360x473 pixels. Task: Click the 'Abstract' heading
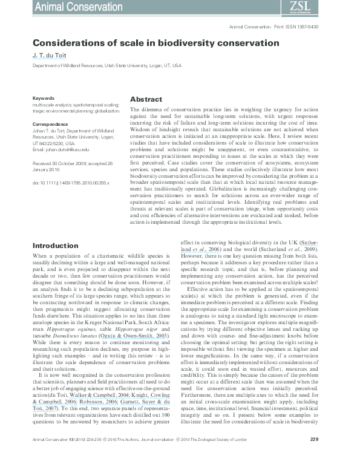click(146, 99)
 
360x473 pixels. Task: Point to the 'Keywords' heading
click(44, 97)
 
